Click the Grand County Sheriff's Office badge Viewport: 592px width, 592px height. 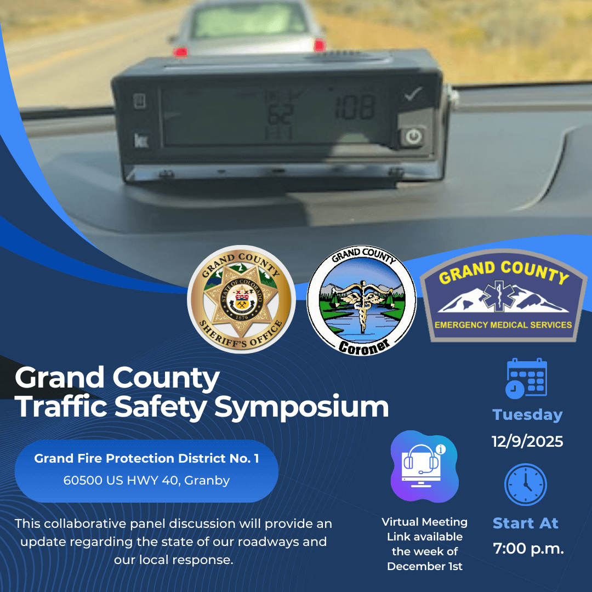coord(241,299)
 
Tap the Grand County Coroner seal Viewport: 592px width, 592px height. coord(361,300)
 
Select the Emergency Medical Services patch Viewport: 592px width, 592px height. coord(504,296)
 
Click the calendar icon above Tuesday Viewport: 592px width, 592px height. coord(526,378)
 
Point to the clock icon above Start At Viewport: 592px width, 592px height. coord(525,485)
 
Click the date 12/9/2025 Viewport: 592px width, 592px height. coord(527,441)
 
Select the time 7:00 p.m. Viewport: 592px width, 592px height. coord(528,548)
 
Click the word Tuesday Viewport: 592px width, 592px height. coord(527,415)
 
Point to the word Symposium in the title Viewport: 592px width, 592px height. coord(301,407)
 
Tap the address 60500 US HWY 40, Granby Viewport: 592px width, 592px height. coord(146,481)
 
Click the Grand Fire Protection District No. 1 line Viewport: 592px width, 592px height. coord(146,458)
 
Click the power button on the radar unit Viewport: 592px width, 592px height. coord(413,136)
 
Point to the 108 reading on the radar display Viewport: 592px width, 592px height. coord(355,107)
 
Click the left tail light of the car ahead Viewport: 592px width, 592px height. coord(180,52)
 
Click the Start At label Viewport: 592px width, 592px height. coord(525,523)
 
